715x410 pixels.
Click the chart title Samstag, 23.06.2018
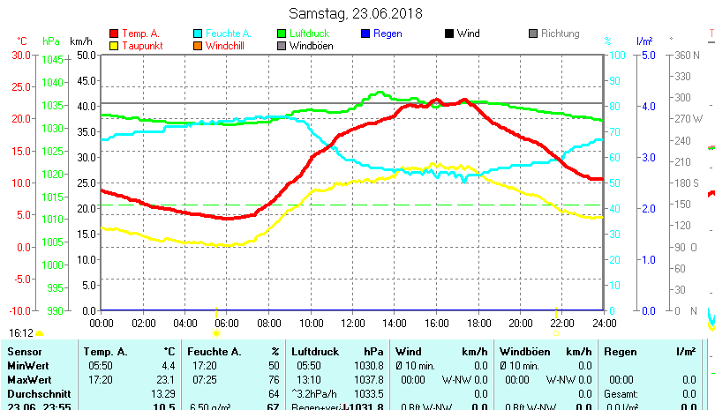point(356,13)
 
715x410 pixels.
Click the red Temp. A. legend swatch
point(113,34)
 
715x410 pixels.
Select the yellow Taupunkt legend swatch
point(113,45)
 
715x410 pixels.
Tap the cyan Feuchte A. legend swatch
point(198,34)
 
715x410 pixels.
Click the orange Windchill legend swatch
point(198,45)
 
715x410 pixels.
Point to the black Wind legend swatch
point(449,34)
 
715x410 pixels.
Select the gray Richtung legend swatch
point(533,34)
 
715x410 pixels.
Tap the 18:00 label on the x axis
point(478,322)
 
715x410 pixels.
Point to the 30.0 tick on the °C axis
point(21,55)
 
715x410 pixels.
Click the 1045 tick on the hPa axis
point(52,60)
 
